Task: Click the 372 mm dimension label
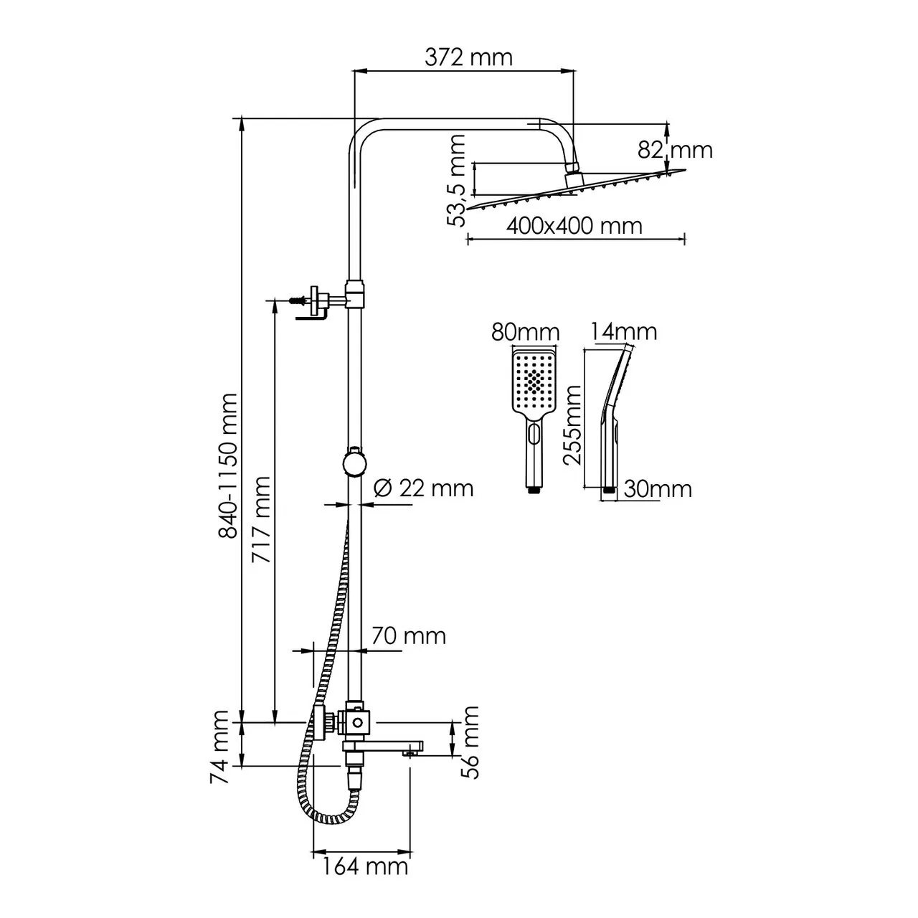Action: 468,57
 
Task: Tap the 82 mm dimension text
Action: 675,150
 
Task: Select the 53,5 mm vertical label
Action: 456,182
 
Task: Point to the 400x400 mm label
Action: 574,225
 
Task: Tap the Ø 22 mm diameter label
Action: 424,488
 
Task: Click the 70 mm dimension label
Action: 408,635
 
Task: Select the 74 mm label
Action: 221,747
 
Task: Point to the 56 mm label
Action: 470,742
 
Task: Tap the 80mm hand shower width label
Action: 525,332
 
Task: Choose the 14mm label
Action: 623,331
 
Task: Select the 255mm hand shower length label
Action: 573,425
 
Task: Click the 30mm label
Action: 657,489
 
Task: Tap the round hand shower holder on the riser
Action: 354,463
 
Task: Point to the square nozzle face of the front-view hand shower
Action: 532,380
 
